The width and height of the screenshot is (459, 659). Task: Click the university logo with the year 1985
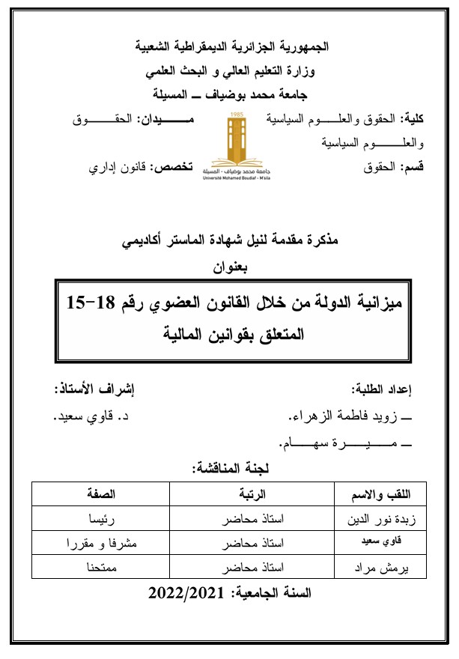pyautogui.click(x=228, y=145)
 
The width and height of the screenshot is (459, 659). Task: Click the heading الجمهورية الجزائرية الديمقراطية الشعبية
pyautogui.click(x=229, y=46)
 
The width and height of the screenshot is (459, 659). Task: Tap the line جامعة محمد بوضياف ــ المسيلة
pyautogui.click(x=229, y=94)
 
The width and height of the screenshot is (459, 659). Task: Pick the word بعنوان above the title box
pyautogui.click(x=229, y=265)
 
